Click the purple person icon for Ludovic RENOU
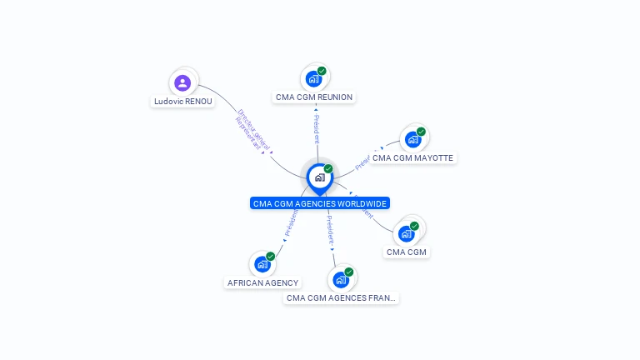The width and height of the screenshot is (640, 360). [x=182, y=82]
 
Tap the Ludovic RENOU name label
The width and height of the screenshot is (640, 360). [x=182, y=102]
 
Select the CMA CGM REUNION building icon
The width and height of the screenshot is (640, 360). [x=313, y=78]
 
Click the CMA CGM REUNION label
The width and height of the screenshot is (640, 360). [x=313, y=97]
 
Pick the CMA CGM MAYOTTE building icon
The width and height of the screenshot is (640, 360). [x=412, y=139]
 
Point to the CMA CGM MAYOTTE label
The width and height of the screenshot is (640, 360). [x=412, y=157]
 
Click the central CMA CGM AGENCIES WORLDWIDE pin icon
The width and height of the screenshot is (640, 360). [x=319, y=177]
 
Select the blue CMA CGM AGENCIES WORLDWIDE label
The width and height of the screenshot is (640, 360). [x=320, y=203]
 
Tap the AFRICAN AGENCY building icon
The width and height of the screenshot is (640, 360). [x=262, y=264]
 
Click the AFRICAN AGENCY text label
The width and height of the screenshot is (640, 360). [x=262, y=282]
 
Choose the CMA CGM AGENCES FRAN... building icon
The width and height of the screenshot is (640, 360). [x=340, y=279]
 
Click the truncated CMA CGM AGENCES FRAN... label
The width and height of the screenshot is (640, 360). [x=341, y=297]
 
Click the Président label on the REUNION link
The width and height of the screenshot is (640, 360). [x=317, y=128]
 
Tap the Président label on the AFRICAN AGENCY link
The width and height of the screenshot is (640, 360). [x=291, y=222]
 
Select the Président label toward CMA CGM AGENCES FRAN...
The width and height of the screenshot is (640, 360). [x=330, y=232]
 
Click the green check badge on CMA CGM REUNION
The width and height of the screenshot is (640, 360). [x=322, y=71]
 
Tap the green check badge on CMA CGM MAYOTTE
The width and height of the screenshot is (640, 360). [x=421, y=132]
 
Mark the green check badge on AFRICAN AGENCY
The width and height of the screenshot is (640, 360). [x=271, y=257]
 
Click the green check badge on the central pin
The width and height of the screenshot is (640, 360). [x=328, y=169]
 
